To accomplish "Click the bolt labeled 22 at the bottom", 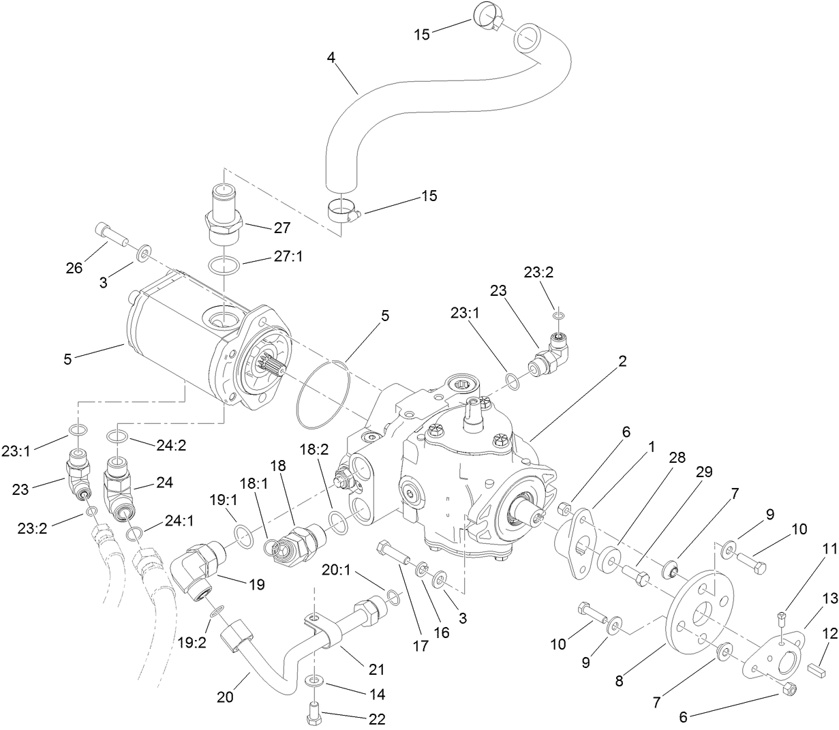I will click(314, 712).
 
